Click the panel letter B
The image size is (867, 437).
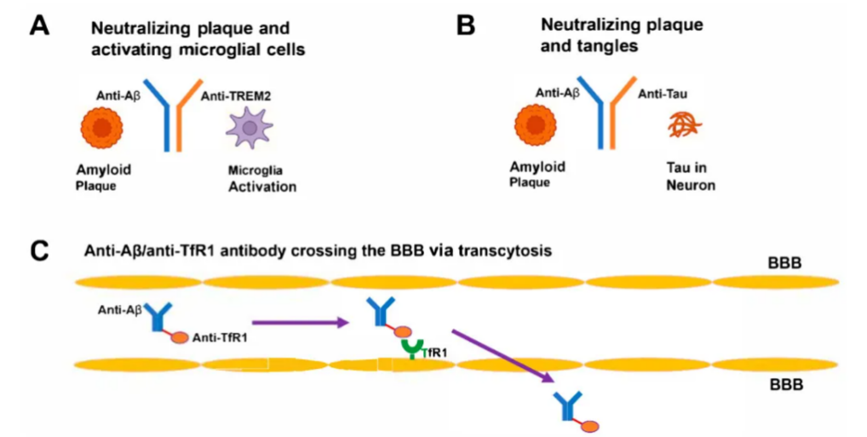(x=466, y=25)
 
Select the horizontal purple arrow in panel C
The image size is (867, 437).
(x=301, y=321)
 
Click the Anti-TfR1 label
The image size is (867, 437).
(x=220, y=338)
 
